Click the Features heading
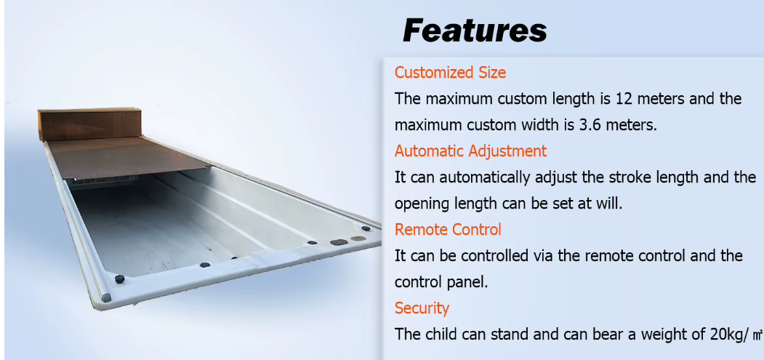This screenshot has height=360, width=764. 475,31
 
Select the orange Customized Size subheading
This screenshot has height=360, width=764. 450,72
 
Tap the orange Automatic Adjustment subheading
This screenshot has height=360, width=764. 470,151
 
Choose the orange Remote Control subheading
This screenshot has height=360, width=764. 448,229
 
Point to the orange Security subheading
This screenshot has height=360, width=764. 422,308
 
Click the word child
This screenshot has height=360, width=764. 443,334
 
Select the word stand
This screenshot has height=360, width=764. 520,334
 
